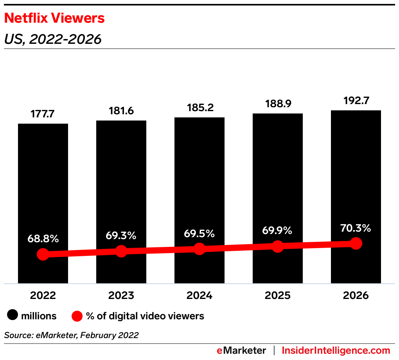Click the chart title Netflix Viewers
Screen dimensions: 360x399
tap(54, 18)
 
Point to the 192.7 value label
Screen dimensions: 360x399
tap(356, 101)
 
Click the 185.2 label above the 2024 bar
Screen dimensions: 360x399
tap(199, 108)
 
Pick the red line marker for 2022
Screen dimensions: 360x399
tap(43, 254)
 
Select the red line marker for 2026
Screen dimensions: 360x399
tap(356, 243)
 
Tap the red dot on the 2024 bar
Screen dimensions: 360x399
tap(199, 249)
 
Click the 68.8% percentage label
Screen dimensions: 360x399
tap(43, 239)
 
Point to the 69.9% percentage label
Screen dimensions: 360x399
tap(277, 231)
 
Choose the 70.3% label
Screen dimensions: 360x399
tap(356, 228)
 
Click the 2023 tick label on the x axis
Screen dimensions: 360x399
tap(121, 295)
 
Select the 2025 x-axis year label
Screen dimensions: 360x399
tap(277, 295)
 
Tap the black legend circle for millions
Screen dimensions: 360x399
tap(13, 316)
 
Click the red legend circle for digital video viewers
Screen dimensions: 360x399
tap(77, 316)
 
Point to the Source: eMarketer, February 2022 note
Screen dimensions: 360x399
tap(72, 335)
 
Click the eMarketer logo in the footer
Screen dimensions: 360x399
tap(241, 351)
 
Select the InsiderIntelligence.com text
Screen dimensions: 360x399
tap(336, 351)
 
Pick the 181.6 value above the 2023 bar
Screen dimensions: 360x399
tap(121, 111)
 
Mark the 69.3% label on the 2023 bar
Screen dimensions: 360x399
tap(121, 236)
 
